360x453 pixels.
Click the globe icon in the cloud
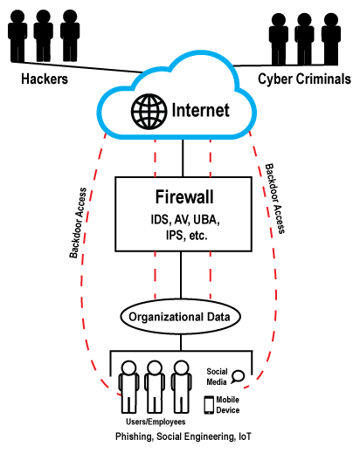[x=149, y=112]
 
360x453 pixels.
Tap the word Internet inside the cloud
[x=200, y=110]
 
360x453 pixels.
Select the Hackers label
[x=45, y=79]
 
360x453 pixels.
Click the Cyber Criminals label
[x=304, y=79]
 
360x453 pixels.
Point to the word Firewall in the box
[x=184, y=197]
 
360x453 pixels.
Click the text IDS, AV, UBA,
[x=185, y=220]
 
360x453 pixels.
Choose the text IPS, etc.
[x=186, y=236]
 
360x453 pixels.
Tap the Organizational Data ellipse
[x=181, y=317]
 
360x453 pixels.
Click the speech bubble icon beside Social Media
[x=238, y=377]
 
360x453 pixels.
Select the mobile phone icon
[x=209, y=405]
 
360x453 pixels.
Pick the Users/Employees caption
[x=156, y=422]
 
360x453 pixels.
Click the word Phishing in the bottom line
[x=135, y=436]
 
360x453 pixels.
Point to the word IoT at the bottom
[x=245, y=436]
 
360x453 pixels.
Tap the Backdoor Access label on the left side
[x=78, y=223]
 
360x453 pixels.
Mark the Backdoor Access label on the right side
[x=274, y=199]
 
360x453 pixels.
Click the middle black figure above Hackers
[x=44, y=36]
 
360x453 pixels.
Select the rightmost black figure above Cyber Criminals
[x=331, y=38]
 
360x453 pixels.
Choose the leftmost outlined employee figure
[x=128, y=387]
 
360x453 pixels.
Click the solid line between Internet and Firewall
[x=183, y=158]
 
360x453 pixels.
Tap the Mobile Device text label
[x=228, y=405]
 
